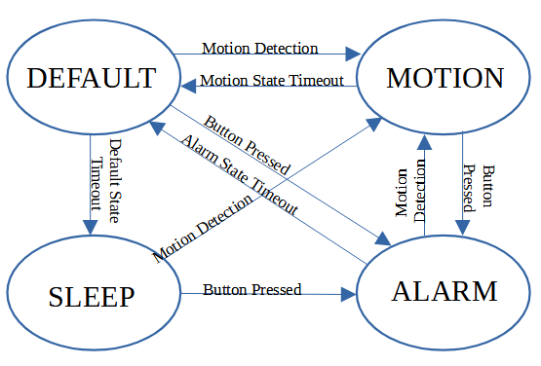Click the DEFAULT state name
tap(91, 78)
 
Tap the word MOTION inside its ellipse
tap(444, 78)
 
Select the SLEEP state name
tap(91, 296)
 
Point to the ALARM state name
tap(444, 291)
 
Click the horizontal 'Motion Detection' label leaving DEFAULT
tap(259, 48)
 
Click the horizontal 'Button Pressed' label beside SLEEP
tap(251, 289)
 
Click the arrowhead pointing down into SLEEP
tap(90, 227)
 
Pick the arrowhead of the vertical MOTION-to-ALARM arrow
tap(462, 227)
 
